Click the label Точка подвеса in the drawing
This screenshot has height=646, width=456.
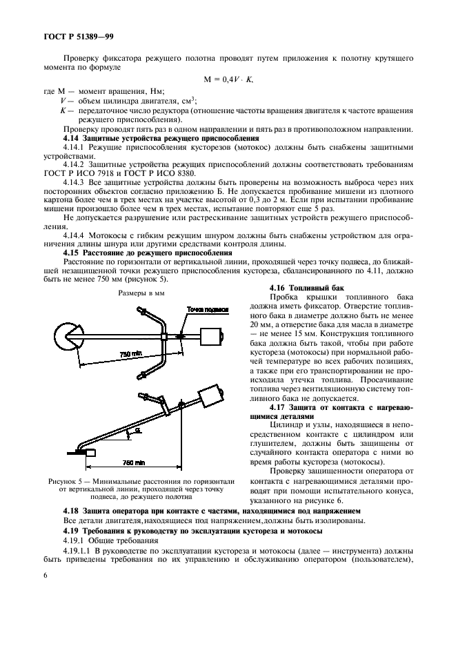click(208, 309)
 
